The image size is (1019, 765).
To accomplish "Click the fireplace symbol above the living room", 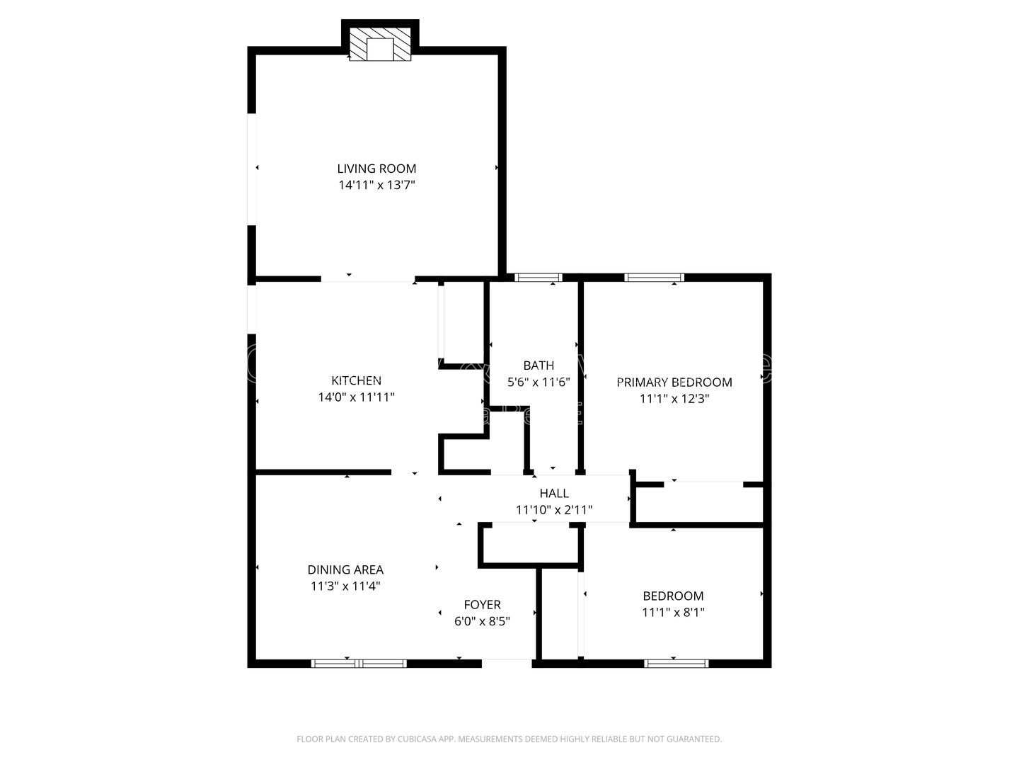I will tap(381, 45).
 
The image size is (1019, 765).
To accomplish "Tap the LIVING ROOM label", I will tap(376, 169).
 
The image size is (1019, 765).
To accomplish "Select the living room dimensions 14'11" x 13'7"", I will tap(376, 186).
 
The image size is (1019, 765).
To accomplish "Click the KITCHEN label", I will tap(356, 381).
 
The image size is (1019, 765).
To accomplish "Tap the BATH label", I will tap(539, 365).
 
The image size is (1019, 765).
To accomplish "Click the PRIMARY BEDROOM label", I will tap(674, 382).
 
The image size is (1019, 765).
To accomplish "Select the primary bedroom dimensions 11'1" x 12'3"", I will tap(674, 399).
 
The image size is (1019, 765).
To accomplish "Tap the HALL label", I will tap(554, 493).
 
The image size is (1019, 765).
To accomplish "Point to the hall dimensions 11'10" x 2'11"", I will tap(554, 510).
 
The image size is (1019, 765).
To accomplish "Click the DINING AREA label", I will tap(345, 569).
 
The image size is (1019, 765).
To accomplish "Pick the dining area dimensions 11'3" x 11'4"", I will tap(345, 586).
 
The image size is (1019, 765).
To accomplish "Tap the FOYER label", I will tap(482, 605).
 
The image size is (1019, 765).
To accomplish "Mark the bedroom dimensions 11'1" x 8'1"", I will tap(673, 613).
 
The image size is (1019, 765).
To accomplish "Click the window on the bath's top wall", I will tap(538, 278).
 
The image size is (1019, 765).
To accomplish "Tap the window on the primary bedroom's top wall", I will tap(654, 278).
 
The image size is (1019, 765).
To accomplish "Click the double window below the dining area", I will tap(359, 664).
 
